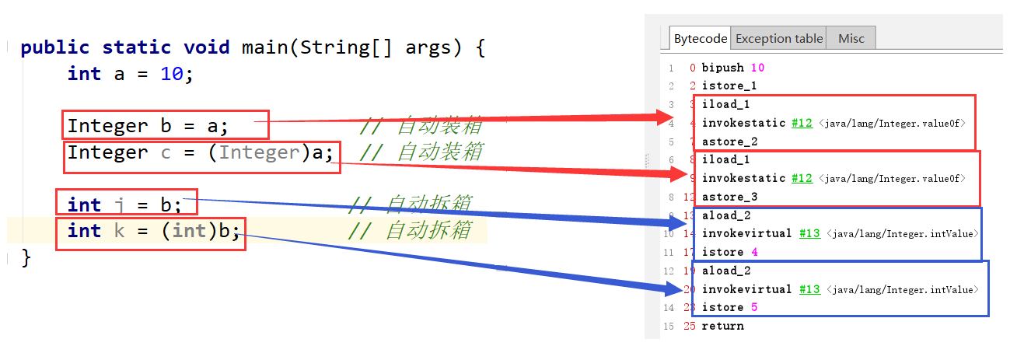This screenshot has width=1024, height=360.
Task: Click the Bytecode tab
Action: [700, 38]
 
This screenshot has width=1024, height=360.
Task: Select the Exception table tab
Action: [778, 38]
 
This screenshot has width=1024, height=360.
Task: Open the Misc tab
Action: [851, 38]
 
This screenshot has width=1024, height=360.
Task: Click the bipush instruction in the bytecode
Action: [722, 68]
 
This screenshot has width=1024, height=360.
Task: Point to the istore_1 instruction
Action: [729, 86]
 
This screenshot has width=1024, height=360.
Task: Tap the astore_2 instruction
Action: [729, 142]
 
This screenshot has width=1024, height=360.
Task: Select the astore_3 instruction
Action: [729, 197]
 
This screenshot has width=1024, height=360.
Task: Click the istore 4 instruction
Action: [729, 252]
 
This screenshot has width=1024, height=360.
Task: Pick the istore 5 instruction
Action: [729, 307]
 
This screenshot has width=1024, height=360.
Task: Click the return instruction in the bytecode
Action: [722, 326]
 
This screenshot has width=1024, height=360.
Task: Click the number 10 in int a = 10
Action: [172, 74]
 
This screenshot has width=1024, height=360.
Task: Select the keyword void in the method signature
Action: [207, 47]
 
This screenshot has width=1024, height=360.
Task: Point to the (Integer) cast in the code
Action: [260, 152]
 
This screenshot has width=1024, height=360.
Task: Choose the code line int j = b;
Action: [124, 205]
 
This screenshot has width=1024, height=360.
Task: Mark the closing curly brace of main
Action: [26, 257]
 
